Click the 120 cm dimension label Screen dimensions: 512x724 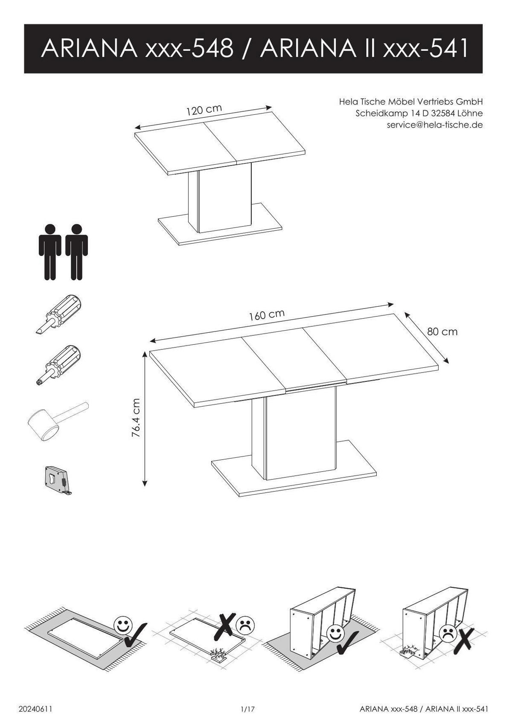(204, 110)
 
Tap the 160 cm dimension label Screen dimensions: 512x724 (267, 315)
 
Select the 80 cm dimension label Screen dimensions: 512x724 (442, 331)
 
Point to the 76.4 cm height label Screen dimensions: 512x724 (136, 418)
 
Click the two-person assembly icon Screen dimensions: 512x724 (63, 252)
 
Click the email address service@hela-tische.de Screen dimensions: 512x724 (434, 125)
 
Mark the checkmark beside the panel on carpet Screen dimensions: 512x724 (136, 635)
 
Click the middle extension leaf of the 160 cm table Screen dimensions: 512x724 (294, 360)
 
